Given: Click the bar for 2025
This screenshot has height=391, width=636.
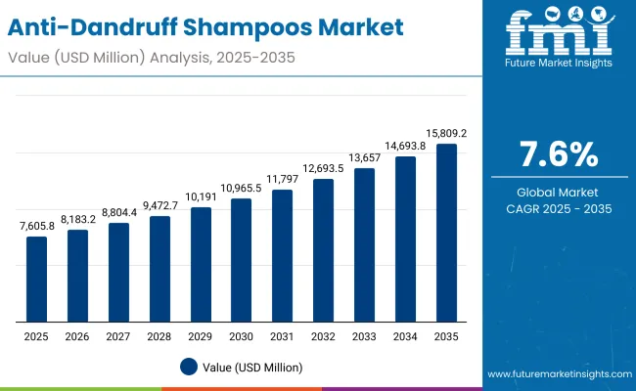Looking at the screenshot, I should coord(36,279).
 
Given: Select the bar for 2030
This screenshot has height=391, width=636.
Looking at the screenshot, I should coord(242,260).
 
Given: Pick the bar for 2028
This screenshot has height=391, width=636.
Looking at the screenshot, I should coord(159,269).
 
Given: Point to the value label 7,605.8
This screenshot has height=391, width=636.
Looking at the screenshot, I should coord(36,226).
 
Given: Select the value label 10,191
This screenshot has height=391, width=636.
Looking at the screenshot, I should coord(201,196).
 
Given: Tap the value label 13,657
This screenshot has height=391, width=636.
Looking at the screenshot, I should coord(365,157).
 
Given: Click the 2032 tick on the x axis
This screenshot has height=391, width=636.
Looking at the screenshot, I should coord(324,337).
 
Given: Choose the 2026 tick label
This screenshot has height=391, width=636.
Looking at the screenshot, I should coord(77,337).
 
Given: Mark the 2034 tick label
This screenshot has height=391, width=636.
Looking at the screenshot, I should coord(406,337).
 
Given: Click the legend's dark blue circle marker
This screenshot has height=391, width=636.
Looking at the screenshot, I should coord(189,368).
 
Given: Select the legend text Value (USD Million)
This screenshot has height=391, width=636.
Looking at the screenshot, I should coord(253,368).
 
